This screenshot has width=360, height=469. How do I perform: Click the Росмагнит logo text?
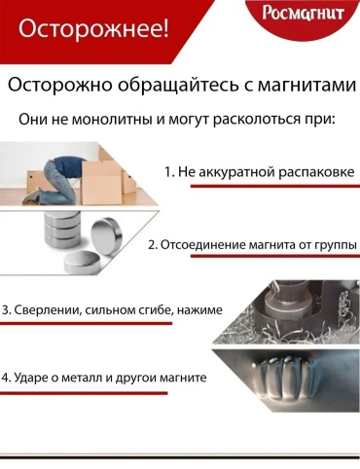pos(303,13)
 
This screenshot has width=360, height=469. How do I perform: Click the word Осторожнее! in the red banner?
pos(93,29)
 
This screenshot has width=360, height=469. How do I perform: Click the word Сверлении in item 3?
pos(48,309)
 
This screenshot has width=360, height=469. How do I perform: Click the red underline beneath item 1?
pos(275,186)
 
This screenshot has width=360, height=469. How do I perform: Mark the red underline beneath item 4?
pos(84,393)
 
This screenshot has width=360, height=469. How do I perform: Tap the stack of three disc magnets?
pos(61,232)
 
